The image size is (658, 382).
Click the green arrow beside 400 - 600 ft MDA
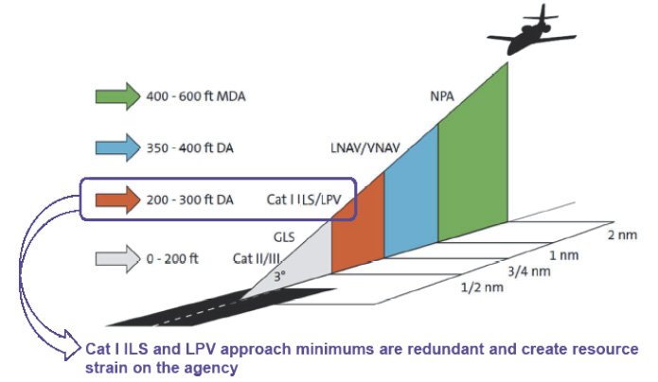click(116, 95)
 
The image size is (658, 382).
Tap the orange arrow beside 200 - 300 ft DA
click(116, 200)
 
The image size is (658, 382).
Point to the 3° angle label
click(279, 278)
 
